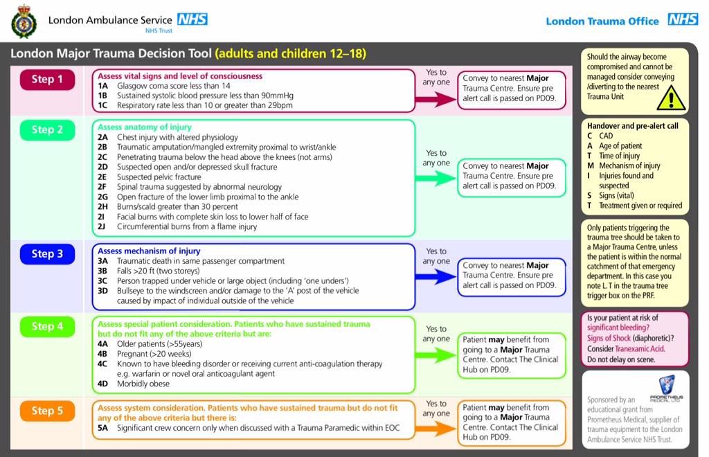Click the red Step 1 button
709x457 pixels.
coord(47,80)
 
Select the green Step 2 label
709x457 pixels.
coord(47,130)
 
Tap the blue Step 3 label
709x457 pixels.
coord(47,254)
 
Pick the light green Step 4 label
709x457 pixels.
coord(47,326)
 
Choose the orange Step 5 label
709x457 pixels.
coord(47,411)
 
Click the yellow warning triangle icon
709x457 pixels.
coord(670,98)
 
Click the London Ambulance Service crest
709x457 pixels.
coord(24,20)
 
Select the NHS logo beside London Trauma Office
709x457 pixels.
coord(683,20)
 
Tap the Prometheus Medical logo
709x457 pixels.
coord(667,388)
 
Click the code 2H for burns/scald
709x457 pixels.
coord(102,206)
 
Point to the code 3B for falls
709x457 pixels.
coord(102,271)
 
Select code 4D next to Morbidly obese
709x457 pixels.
coord(102,384)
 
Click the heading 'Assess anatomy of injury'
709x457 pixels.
coord(145,127)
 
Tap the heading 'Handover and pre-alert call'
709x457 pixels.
coord(633,126)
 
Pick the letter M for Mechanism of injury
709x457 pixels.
coord(591,165)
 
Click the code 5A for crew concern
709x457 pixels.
coord(102,429)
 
